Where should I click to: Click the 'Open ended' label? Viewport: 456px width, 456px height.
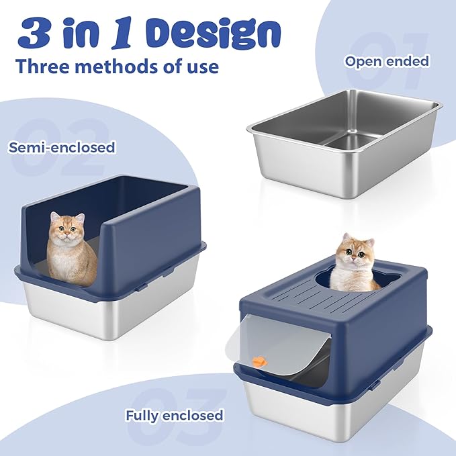point(386,61)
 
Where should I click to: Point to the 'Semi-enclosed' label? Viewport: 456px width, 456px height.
point(62,146)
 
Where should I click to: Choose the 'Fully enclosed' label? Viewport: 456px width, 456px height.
point(174,415)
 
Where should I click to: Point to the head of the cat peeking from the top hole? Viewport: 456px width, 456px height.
point(355,254)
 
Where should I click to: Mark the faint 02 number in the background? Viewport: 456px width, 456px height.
point(64,138)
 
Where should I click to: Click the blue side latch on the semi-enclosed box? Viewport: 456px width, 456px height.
point(141,287)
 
